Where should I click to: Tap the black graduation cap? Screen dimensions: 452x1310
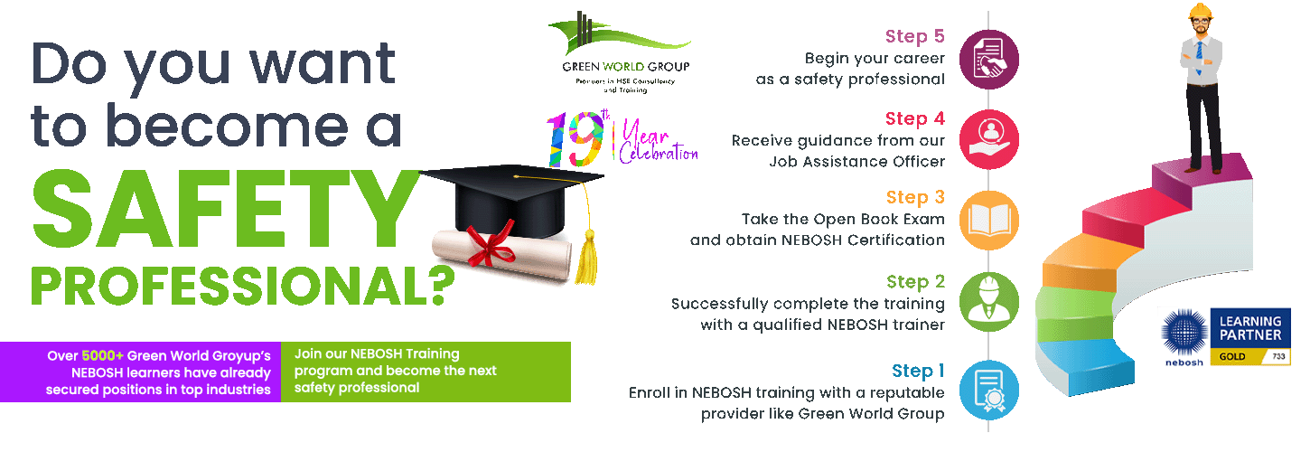[x=510, y=194]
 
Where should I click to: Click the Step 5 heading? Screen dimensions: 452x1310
[x=914, y=37]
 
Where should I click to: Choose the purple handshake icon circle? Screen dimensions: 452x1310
[x=989, y=58]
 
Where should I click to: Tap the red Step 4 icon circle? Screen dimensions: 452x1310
[x=989, y=139]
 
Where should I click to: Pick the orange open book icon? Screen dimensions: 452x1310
[x=989, y=220]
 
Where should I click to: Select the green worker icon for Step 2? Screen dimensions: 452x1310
[x=989, y=302]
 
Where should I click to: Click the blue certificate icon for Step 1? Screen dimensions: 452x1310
[x=989, y=390]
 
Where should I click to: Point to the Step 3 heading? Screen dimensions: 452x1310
[x=914, y=197]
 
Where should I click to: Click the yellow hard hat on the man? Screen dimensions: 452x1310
[x=1199, y=10]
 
